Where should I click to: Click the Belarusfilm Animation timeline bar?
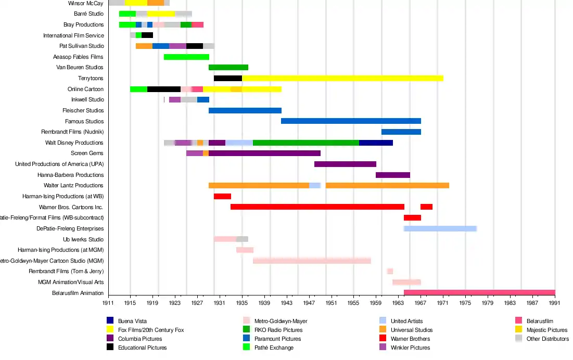click(x=479, y=293)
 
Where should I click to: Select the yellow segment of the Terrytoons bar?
click(x=342, y=78)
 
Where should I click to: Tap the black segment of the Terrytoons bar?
click(x=227, y=78)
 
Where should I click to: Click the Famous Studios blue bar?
click(x=351, y=121)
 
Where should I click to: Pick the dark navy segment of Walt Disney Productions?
click(x=376, y=143)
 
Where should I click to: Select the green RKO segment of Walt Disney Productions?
click(x=306, y=143)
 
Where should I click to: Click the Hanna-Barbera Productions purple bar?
click(x=392, y=175)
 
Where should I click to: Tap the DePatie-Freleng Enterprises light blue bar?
click(x=440, y=228)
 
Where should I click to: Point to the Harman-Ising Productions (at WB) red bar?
click(x=222, y=196)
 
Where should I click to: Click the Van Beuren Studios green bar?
click(x=228, y=67)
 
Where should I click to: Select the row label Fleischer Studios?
click(x=83, y=110)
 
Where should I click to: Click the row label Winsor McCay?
click(x=85, y=3)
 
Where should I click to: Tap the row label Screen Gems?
click(x=87, y=153)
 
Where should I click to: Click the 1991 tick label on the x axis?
click(x=555, y=302)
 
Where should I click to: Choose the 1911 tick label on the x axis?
click(x=108, y=302)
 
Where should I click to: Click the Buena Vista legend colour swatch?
click(x=110, y=321)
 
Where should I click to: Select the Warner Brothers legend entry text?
click(x=410, y=339)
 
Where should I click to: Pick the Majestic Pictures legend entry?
click(x=546, y=330)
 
